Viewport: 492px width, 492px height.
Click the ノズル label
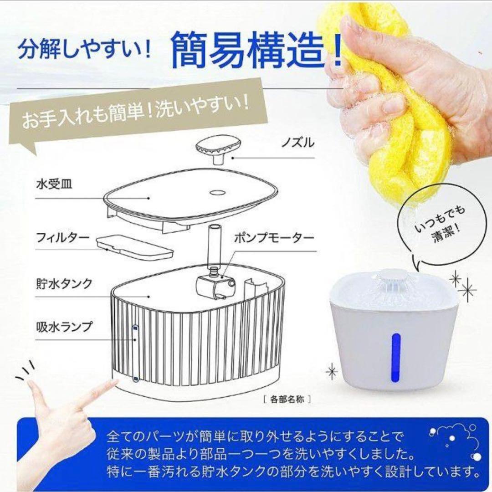point(297,143)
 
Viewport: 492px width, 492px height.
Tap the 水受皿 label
point(54,184)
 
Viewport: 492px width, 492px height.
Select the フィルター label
point(63,237)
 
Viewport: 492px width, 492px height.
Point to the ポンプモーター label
point(274,238)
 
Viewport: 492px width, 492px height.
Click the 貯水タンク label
point(64,284)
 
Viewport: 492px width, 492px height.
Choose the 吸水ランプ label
point(64,327)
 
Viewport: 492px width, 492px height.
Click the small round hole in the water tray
point(217,192)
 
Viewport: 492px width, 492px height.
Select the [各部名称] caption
point(287,400)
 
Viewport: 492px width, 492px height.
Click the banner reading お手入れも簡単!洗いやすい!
point(135,113)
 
